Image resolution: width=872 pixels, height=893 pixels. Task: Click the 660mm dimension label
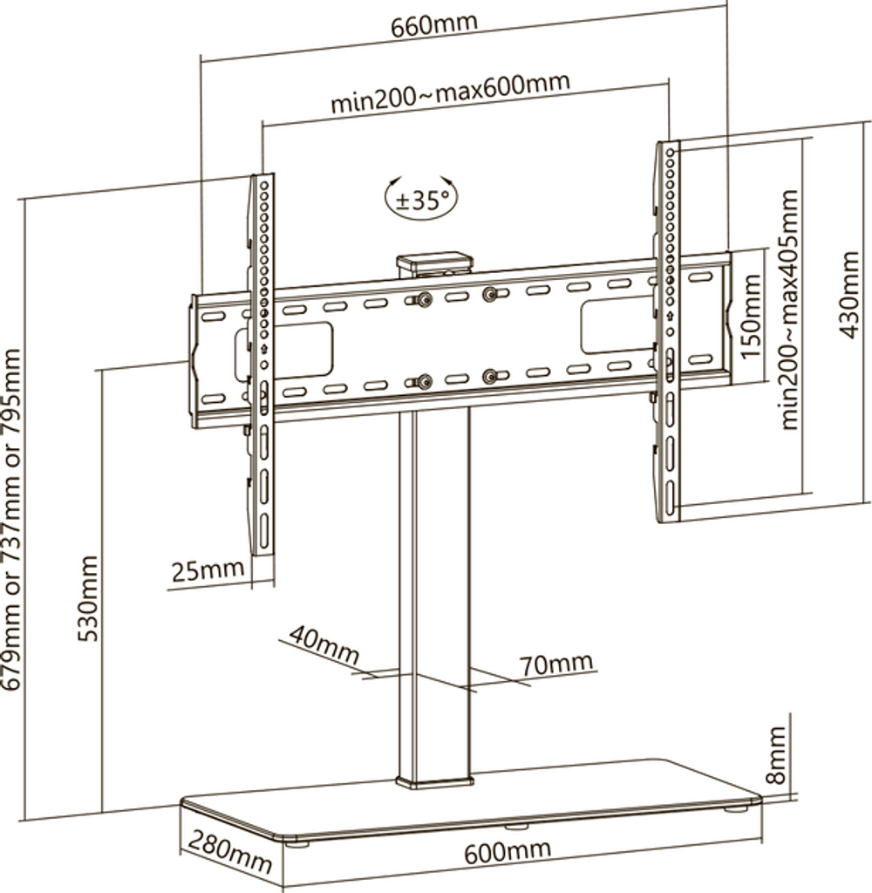(433, 25)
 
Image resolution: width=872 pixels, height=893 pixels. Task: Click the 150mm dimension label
(752, 317)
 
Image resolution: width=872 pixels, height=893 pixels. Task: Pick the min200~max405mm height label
(788, 310)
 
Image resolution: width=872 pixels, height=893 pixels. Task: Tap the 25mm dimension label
(208, 570)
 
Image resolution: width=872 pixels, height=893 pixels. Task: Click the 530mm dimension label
(88, 598)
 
